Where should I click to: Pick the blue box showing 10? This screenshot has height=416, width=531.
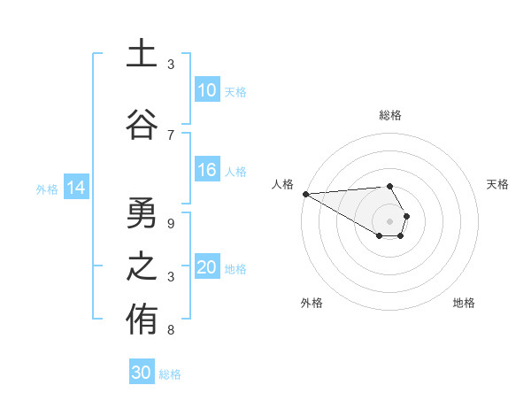click(x=206, y=90)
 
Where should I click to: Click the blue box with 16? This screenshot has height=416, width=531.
click(x=206, y=170)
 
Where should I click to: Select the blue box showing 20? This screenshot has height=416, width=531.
click(x=206, y=267)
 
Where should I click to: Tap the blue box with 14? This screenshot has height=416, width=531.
click(x=75, y=188)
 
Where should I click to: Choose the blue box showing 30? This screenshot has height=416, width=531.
click(x=142, y=373)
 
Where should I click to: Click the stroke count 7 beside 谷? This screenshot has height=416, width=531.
click(x=171, y=135)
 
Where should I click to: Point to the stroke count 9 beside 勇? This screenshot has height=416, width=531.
click(x=171, y=223)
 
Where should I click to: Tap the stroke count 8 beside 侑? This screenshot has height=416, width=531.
click(x=171, y=330)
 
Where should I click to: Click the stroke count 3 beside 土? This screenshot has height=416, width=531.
click(x=171, y=65)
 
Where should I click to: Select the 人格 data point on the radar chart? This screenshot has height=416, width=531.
click(x=305, y=193)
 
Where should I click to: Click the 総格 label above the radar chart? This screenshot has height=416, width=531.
click(x=389, y=115)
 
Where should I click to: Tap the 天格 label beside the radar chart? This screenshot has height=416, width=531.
click(x=498, y=184)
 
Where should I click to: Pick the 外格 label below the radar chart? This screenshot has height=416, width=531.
click(x=312, y=303)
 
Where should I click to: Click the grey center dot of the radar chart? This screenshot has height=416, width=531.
click(x=389, y=220)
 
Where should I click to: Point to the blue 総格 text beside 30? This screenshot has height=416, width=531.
click(x=170, y=374)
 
